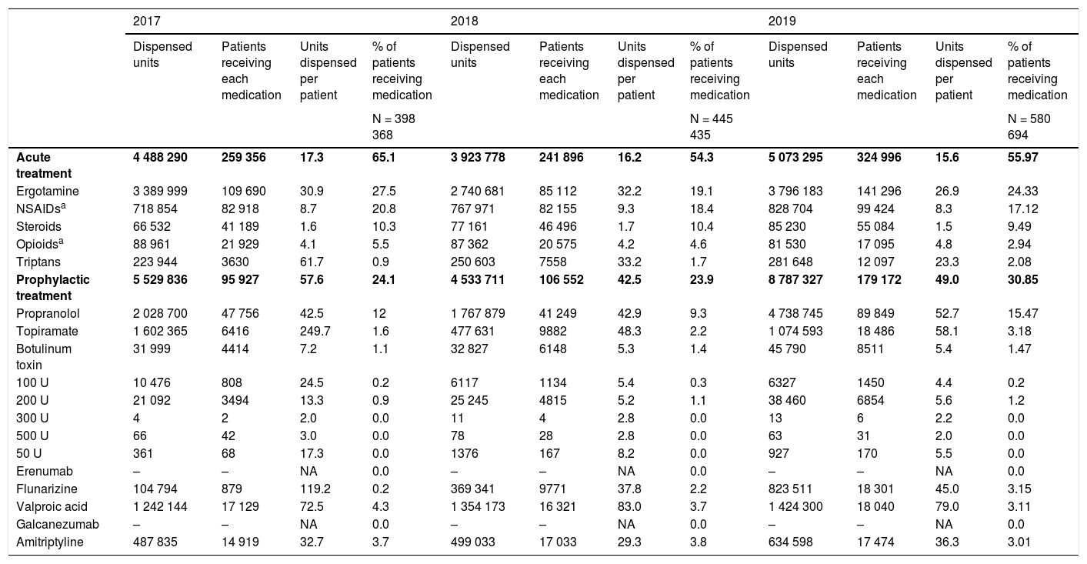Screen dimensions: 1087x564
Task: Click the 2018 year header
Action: (x=464, y=22)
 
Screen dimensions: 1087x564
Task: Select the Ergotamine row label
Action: (x=48, y=192)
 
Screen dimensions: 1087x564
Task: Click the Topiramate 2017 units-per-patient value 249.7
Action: (x=315, y=332)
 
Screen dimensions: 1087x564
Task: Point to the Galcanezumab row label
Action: (x=57, y=525)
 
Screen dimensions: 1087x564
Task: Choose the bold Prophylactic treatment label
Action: (x=53, y=288)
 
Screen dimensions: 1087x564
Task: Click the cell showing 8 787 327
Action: (x=795, y=280)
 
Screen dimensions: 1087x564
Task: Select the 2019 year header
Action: (x=782, y=22)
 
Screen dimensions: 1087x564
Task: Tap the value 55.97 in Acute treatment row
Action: (x=1022, y=158)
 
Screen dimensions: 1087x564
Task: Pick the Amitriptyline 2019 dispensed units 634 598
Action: (x=791, y=542)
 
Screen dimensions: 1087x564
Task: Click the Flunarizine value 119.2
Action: (x=315, y=489)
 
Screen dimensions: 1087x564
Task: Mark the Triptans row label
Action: (x=38, y=262)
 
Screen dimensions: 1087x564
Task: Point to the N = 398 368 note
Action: (x=394, y=127)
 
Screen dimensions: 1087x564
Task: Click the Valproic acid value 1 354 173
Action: (x=478, y=507)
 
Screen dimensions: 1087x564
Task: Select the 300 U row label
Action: (x=32, y=419)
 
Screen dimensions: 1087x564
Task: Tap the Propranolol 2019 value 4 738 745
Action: (x=796, y=314)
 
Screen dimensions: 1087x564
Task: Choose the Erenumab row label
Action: (x=45, y=472)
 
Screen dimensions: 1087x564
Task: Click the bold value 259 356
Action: (x=244, y=158)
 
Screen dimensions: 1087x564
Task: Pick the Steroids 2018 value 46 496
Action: (x=559, y=227)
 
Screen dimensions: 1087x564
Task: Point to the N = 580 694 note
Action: (x=1029, y=127)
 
